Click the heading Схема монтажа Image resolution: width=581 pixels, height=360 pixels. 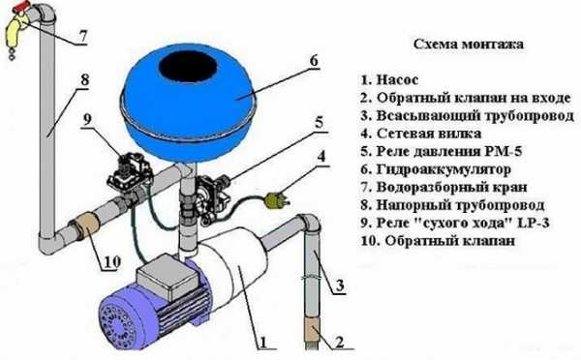469,45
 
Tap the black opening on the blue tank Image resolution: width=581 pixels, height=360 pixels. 188,67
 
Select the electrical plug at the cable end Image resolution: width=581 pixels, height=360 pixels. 276,199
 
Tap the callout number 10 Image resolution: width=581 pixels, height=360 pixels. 111,262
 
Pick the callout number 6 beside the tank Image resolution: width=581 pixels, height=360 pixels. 314,61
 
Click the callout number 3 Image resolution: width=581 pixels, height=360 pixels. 340,285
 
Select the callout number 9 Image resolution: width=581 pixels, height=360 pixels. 87,120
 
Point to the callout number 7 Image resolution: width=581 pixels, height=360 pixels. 82,37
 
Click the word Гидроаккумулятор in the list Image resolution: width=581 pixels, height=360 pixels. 443,169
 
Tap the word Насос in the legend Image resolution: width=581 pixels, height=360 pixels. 397,80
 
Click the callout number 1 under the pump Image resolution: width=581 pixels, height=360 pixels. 263,343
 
